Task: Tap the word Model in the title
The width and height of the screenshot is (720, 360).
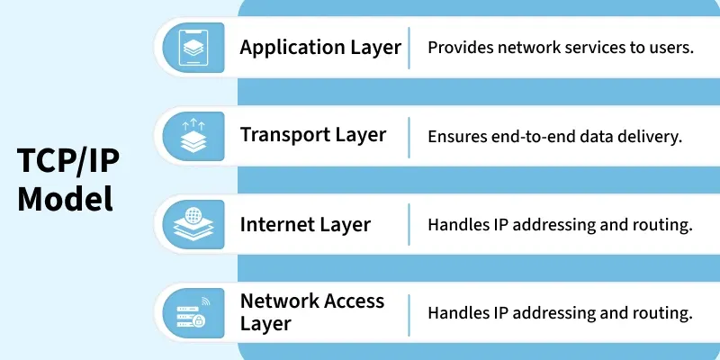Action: [x=66, y=198]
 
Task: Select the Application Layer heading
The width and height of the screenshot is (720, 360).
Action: [x=320, y=47]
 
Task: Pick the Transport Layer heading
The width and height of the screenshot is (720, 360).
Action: [x=313, y=135]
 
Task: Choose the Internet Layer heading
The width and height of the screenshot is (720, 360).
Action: [x=305, y=224]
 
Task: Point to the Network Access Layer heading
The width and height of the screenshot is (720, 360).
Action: [x=312, y=311]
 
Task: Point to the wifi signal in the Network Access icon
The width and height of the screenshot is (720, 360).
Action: [x=205, y=301]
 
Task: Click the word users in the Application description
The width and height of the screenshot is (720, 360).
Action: [x=672, y=47]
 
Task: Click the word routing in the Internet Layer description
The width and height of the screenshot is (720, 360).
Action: [x=665, y=225]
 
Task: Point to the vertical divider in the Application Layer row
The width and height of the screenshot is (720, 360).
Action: [x=409, y=47]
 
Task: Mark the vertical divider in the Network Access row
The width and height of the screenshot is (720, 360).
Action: [x=409, y=312]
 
